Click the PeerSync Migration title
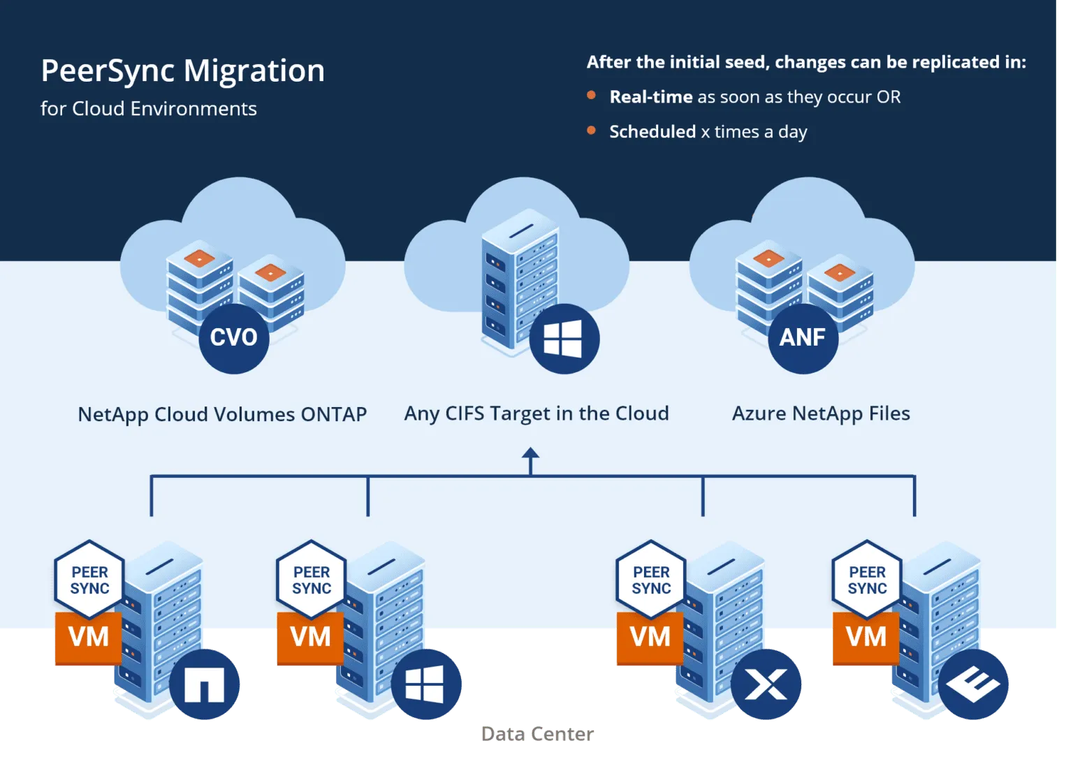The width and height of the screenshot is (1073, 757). click(x=182, y=71)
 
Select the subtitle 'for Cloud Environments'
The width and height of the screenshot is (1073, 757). click(x=148, y=109)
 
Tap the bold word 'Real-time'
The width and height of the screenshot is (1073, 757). click(x=650, y=97)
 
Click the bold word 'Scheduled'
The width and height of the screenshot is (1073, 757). click(x=652, y=132)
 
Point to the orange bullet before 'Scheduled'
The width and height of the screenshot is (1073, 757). click(x=592, y=131)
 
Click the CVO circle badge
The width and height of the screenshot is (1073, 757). click(x=234, y=338)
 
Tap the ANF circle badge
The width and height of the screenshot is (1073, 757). click(x=803, y=338)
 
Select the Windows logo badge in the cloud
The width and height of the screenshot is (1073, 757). click(x=563, y=339)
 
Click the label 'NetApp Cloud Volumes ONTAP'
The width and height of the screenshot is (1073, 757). click(x=222, y=414)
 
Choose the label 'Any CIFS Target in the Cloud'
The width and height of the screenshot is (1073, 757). click(x=536, y=413)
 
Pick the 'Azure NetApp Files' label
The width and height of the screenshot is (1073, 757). click(x=821, y=413)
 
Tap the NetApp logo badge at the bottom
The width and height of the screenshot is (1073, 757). click(x=204, y=684)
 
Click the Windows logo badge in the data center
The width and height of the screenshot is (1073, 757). click(x=425, y=684)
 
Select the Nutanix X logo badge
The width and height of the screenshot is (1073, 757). click(x=766, y=684)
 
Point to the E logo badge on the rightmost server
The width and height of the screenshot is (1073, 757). click(x=973, y=684)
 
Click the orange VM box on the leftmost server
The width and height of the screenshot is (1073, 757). click(x=89, y=638)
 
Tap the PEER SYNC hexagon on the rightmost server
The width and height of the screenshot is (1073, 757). click(x=867, y=580)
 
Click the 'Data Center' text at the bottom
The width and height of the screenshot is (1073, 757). click(x=538, y=734)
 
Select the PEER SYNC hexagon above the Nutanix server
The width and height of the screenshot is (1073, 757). click(x=651, y=580)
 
